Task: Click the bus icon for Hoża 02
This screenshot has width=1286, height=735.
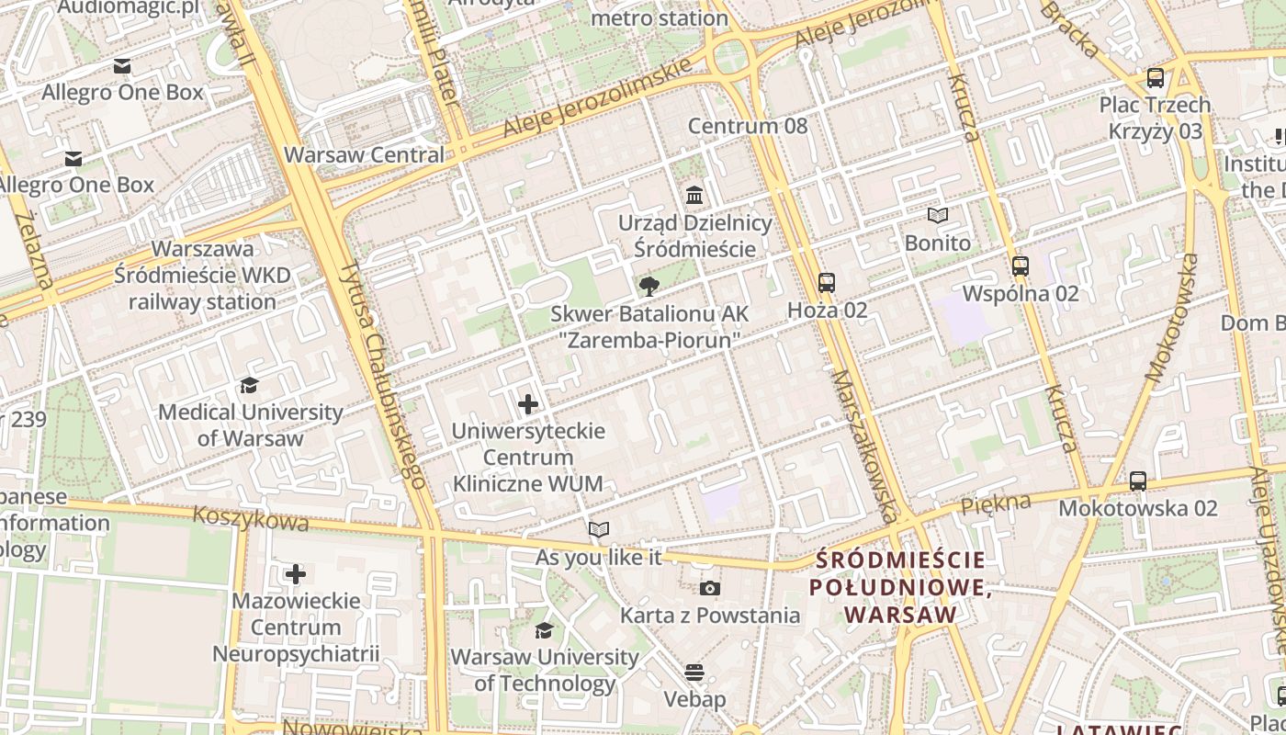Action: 827,283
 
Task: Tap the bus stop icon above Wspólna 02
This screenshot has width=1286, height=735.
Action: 1020,266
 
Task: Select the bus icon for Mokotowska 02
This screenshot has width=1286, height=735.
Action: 1137,481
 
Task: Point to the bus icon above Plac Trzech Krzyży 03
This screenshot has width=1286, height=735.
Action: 1156,78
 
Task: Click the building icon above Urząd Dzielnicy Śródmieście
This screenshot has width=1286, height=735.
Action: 694,196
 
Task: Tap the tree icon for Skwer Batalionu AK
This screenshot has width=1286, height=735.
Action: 649,287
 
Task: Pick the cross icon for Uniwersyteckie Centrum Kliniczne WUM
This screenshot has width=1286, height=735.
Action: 528,404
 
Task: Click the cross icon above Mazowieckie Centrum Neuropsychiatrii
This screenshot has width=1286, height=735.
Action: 295,574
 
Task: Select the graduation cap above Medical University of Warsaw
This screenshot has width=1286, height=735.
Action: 249,385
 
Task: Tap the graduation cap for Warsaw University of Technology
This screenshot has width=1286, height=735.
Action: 544,630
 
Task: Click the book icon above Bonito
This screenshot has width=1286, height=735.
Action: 937,216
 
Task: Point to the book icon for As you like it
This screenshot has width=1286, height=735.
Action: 598,530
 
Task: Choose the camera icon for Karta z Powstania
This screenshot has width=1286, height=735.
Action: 709,589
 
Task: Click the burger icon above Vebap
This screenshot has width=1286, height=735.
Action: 694,673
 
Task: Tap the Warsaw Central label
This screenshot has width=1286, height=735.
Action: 365,154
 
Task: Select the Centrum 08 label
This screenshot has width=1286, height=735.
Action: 748,126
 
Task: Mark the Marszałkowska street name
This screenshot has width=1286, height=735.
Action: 864,447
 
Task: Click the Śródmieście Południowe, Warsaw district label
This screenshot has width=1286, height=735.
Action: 900,587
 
